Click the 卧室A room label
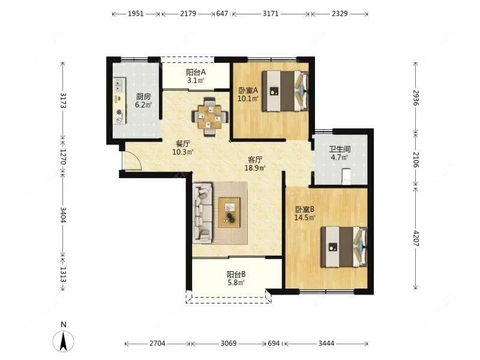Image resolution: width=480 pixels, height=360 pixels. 248,91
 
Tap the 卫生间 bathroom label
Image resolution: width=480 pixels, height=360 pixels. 340,149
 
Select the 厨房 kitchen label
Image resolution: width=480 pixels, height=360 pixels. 143,97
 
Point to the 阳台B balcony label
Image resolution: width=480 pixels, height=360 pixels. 236,274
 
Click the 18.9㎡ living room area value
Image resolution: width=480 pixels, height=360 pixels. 254,167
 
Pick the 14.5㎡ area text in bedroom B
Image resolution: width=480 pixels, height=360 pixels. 305,218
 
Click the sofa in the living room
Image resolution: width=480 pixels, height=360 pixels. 202,213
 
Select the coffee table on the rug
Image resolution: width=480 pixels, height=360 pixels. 229,212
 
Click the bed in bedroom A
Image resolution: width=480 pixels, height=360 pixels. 285,91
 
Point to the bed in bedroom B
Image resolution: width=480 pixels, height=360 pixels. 344,247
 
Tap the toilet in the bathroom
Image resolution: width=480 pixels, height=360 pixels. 346,176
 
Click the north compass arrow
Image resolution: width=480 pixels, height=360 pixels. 64,341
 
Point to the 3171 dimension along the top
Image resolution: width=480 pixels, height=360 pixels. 271,14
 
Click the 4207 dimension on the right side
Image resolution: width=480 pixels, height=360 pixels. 415,238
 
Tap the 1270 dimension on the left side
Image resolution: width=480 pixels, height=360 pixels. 63,157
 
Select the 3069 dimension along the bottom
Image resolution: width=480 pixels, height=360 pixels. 229,343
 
